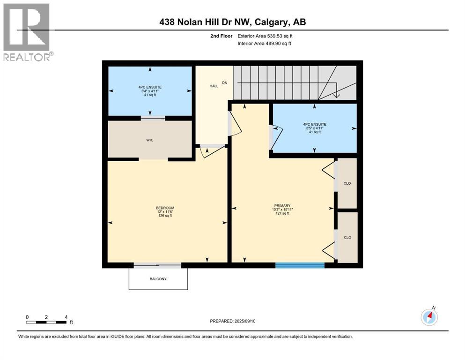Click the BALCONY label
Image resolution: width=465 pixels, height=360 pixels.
158,279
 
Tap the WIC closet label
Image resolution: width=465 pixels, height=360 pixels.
149,139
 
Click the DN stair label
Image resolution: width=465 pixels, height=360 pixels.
224,83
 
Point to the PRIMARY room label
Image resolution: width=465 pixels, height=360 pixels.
282,205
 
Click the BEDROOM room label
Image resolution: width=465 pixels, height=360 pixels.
165,208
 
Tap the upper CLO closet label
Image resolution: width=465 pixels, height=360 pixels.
347,183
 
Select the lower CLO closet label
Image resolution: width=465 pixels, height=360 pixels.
347,238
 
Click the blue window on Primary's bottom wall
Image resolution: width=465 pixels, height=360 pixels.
300,266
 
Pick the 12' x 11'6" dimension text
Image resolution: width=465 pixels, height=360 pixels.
165,212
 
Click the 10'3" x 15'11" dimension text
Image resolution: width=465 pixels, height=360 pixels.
282,210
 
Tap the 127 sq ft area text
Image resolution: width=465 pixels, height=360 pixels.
282,214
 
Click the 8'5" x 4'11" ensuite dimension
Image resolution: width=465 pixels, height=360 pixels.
314,128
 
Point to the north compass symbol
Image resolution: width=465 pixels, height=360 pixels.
429,317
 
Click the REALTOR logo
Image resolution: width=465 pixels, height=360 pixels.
27,32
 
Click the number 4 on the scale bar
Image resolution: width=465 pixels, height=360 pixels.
66,317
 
